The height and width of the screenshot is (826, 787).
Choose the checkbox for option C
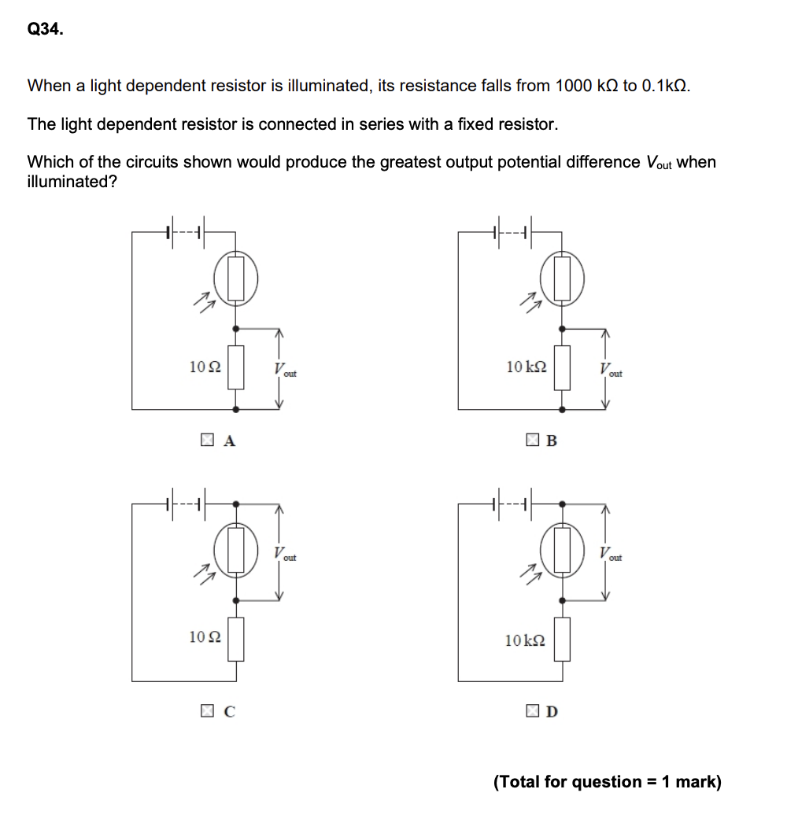[206, 712]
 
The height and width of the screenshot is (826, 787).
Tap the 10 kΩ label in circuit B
[527, 366]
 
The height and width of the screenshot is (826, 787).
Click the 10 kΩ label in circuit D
[524, 640]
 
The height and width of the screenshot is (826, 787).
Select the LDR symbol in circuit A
[236, 279]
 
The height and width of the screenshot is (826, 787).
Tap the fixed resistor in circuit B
[561, 367]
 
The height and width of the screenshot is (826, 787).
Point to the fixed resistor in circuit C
[236, 638]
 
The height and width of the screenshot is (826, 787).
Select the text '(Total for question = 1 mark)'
[607, 782]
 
